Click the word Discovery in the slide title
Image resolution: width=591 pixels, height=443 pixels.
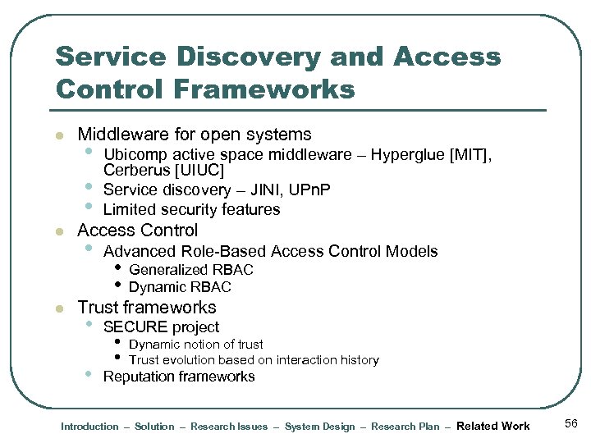[243, 57]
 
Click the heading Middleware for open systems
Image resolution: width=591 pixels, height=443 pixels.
[195, 135]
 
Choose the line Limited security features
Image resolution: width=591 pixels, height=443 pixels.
[191, 209]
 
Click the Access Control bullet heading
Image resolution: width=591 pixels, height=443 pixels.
[138, 231]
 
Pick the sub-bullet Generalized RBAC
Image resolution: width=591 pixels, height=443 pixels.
[191, 270]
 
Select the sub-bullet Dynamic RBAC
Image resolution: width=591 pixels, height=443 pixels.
[180, 287]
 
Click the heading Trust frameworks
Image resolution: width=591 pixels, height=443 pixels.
[147, 308]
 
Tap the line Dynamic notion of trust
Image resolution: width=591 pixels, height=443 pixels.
[196, 345]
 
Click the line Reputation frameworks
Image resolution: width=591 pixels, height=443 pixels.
[179, 377]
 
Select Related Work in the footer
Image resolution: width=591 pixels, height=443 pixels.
[492, 426]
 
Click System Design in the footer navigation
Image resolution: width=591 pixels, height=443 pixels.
[319, 427]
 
